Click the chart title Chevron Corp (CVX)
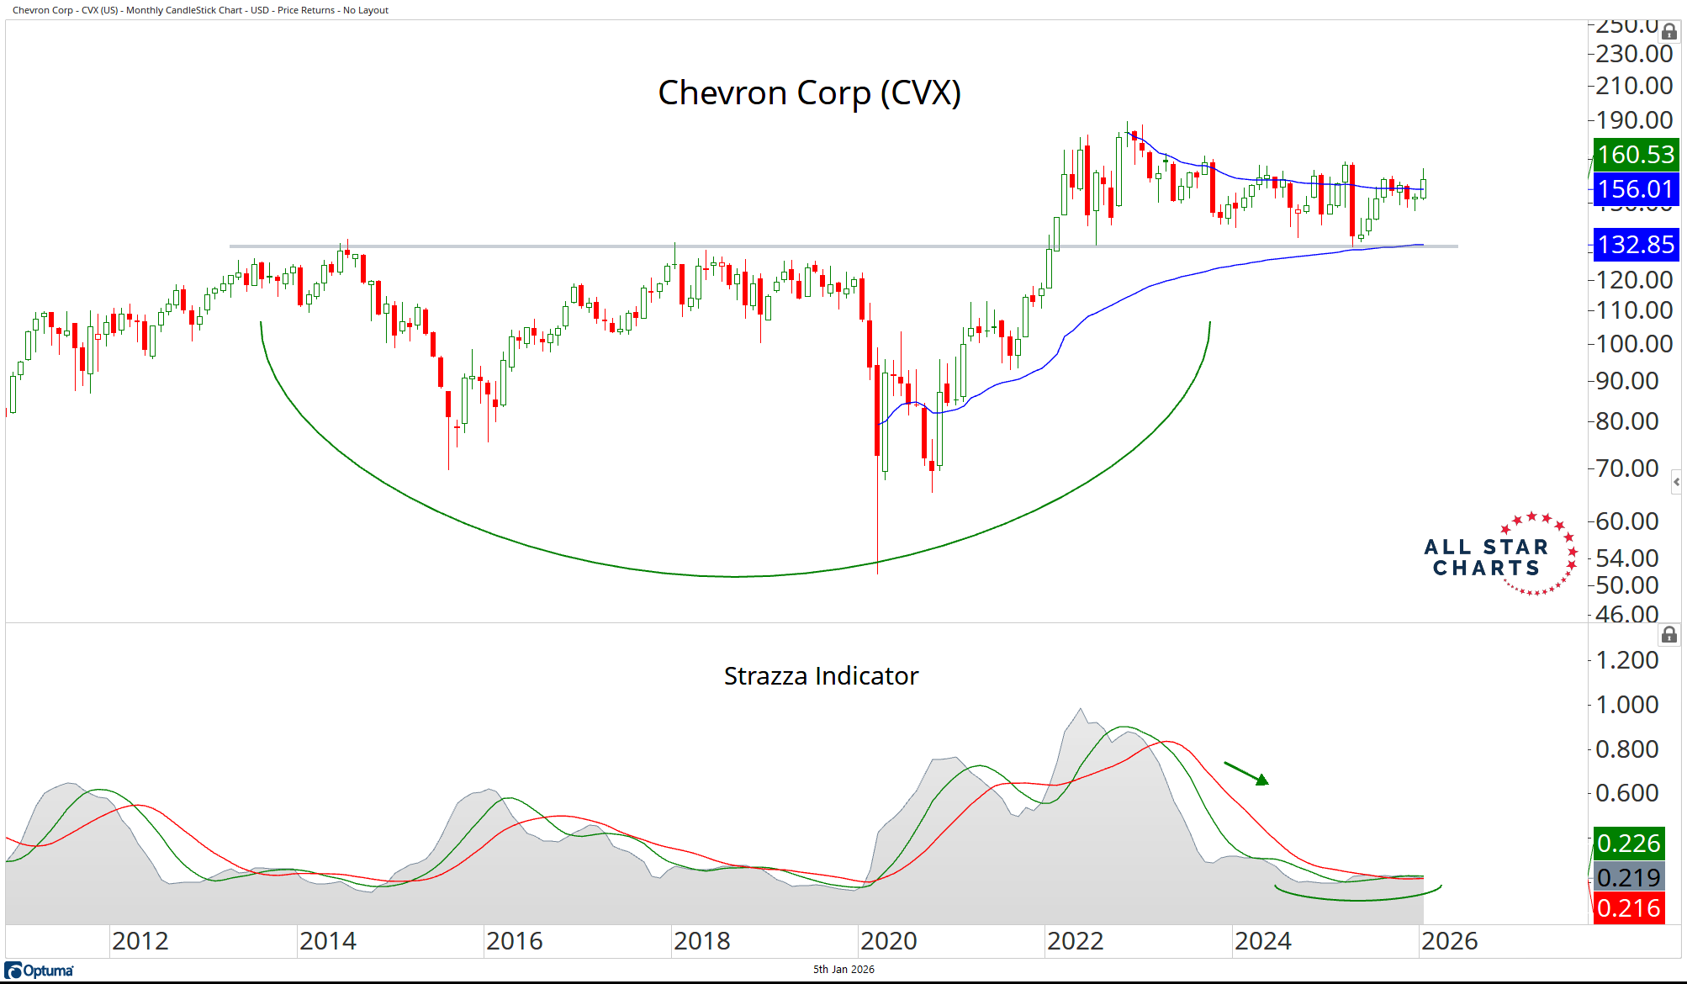click(809, 93)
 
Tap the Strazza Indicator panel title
click(821, 675)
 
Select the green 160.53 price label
click(1636, 155)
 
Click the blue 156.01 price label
click(1636, 189)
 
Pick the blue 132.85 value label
click(1636, 245)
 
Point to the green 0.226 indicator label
click(1629, 844)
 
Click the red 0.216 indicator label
click(1629, 908)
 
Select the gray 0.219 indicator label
click(1629, 877)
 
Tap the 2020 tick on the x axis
click(889, 941)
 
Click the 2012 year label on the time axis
click(140, 941)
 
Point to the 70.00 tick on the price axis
click(1627, 468)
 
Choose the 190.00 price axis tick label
click(1634, 120)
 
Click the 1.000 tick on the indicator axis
click(1627, 705)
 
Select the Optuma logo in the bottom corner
click(40, 971)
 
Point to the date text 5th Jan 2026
click(843, 970)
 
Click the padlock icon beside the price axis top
click(1669, 32)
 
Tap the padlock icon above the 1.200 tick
click(1669, 635)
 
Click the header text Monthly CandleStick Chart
click(185, 10)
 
